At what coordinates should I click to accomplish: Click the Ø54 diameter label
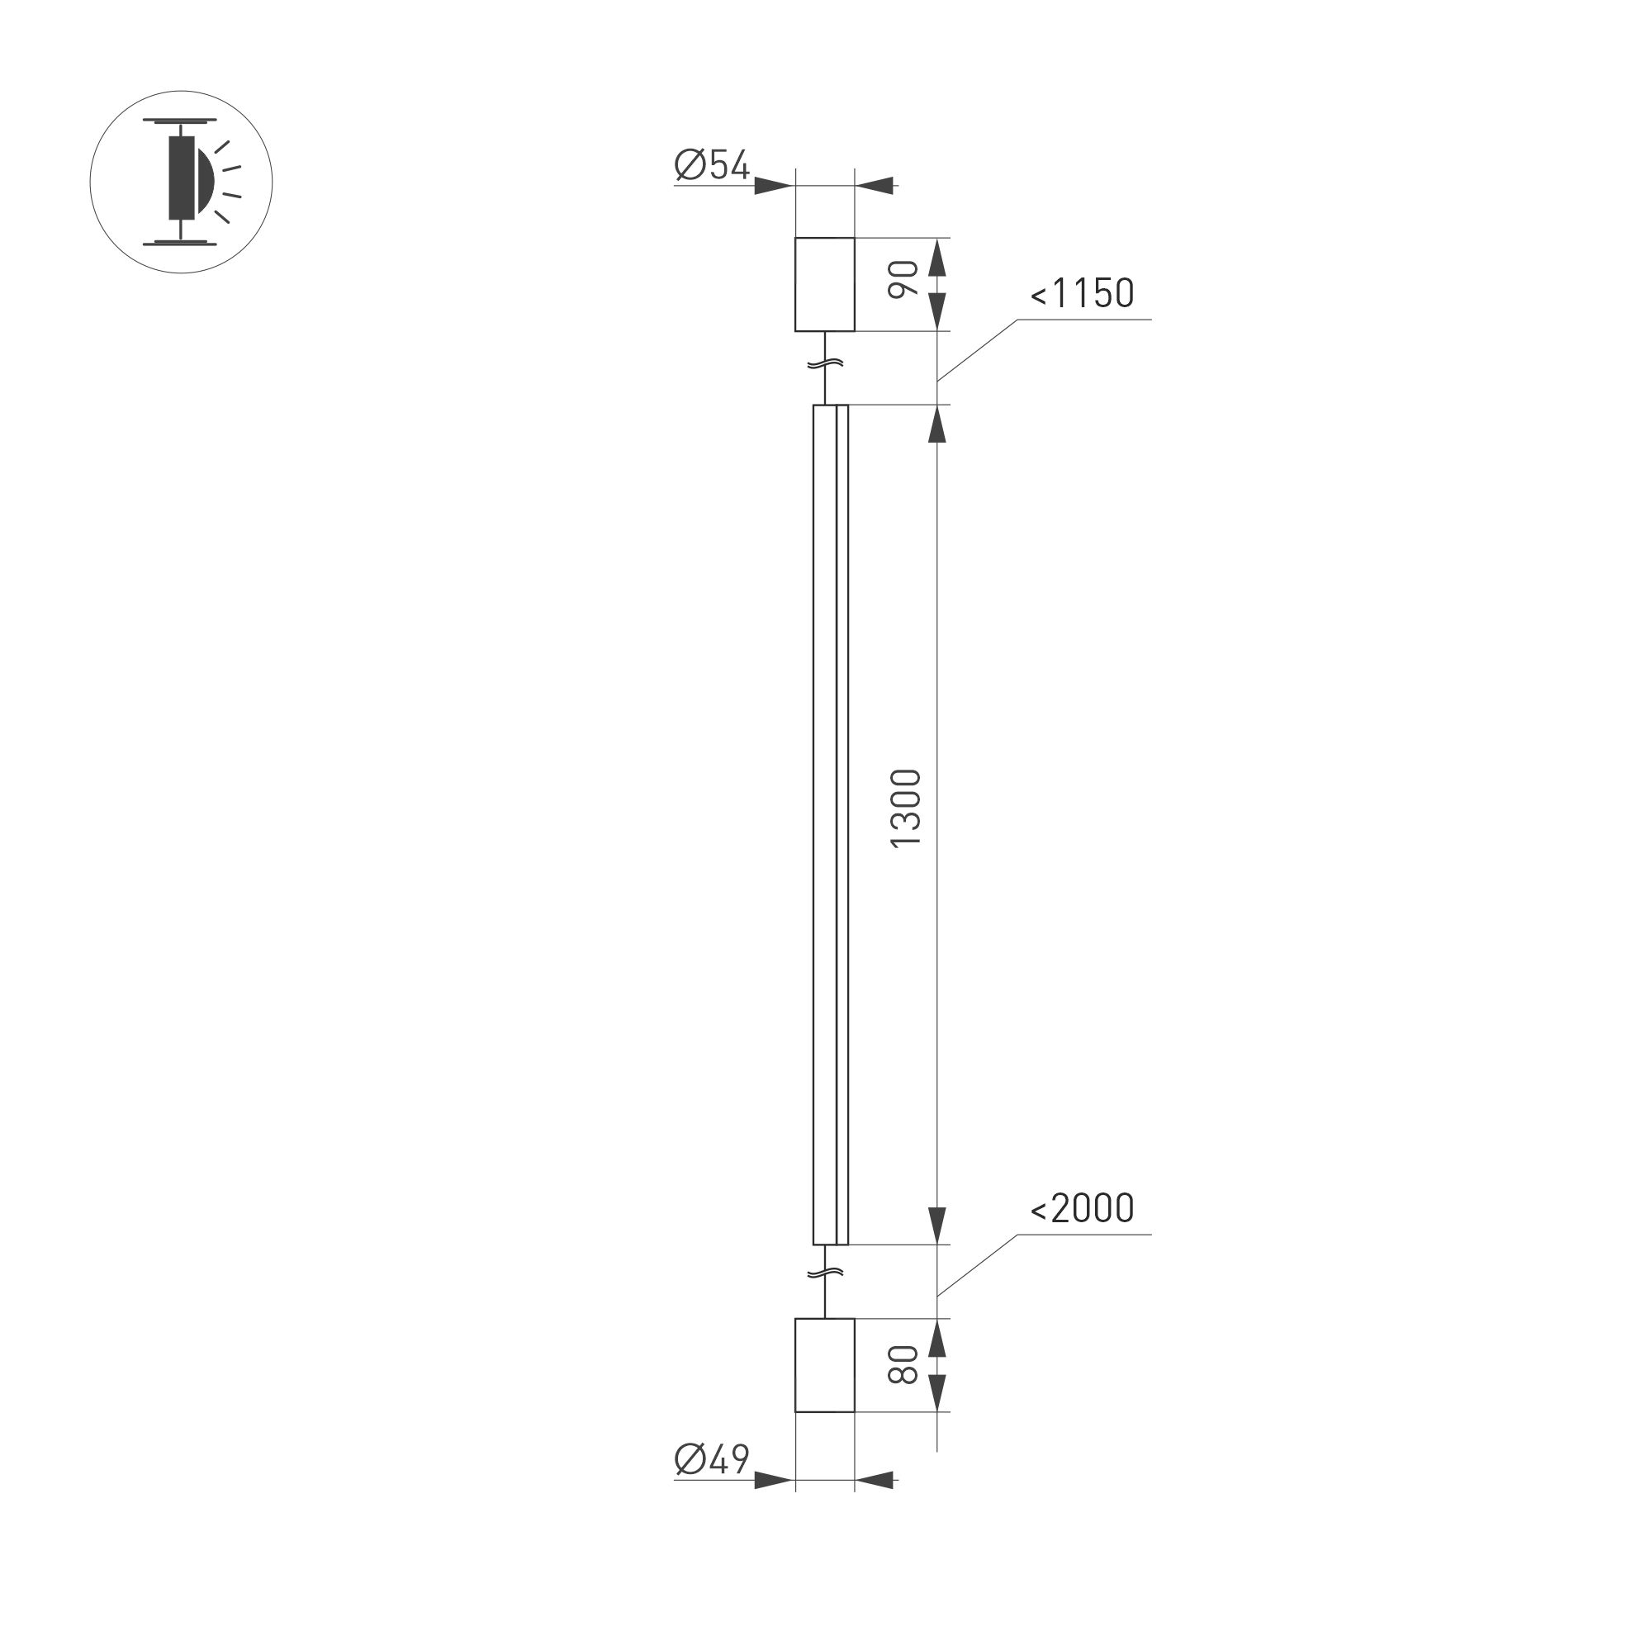tap(711, 166)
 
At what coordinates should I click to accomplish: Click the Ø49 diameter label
tap(711, 1459)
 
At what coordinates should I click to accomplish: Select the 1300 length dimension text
tap(906, 808)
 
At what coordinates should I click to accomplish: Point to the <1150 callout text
tap(1082, 294)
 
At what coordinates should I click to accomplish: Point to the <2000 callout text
tap(1082, 1208)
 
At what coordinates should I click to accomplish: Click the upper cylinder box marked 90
tap(824, 284)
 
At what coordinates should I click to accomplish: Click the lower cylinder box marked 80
tap(824, 1366)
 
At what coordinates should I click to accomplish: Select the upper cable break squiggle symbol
tap(825, 364)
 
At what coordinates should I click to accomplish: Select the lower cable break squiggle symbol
tap(825, 1273)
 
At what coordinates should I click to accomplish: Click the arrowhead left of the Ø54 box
tap(773, 185)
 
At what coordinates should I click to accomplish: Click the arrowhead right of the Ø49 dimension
tap(875, 1480)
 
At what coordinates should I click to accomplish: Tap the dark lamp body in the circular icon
tap(182, 176)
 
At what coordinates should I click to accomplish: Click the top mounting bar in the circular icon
tap(180, 121)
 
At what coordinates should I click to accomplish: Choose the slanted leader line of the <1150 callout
tap(977, 350)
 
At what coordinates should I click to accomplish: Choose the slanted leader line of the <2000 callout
tap(977, 1265)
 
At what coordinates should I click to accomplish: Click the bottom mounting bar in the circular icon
tap(180, 243)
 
